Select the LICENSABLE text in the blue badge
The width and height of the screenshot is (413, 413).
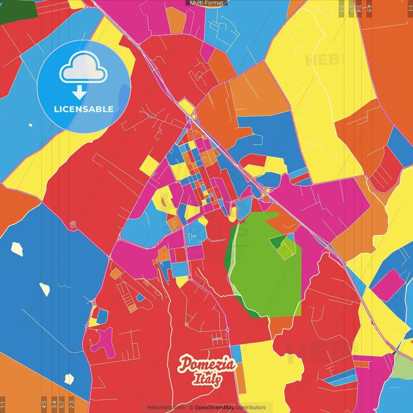[x=84, y=109]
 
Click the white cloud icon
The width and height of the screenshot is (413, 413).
[x=83, y=68]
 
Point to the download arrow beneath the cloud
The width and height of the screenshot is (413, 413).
[x=79, y=92]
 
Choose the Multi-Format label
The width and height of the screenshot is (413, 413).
[x=206, y=3]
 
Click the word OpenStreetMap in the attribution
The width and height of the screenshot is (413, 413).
[x=214, y=408]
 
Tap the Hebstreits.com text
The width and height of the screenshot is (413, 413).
[x=166, y=408]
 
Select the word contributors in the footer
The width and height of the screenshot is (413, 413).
[x=251, y=408]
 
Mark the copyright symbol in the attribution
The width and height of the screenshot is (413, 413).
[x=191, y=408]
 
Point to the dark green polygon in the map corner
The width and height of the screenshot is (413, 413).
[x=18, y=10]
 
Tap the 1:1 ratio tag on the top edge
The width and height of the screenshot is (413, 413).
[x=410, y=8]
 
